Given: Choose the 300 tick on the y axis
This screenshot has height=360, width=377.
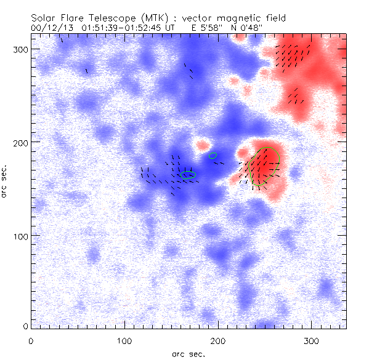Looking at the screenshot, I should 18,49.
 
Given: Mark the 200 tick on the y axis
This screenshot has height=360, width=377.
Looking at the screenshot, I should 18,142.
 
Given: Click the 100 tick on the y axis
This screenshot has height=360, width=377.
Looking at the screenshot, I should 18,236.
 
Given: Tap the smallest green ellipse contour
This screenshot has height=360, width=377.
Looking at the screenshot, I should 213,156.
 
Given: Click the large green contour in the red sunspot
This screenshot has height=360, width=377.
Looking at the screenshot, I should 265,166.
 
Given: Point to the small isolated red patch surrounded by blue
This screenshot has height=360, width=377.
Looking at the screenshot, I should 201,146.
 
